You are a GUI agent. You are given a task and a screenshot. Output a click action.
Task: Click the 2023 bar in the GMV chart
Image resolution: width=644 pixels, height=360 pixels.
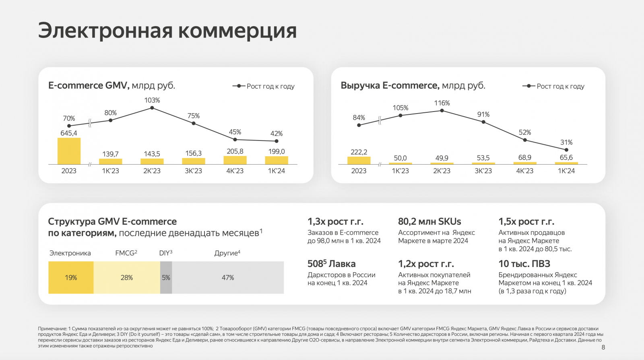point(69,151)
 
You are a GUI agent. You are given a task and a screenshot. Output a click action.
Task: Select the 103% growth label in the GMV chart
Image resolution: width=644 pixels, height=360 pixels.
point(152,100)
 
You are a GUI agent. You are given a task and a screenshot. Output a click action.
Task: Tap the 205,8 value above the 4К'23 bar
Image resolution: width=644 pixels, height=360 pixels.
point(235,151)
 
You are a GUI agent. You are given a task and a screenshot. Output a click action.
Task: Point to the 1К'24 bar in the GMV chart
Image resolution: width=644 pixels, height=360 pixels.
point(277,160)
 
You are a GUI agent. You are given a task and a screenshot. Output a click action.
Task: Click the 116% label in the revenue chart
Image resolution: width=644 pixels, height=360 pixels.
point(442,103)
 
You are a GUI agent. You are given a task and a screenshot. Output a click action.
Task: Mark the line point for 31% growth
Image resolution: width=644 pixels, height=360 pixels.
point(566,150)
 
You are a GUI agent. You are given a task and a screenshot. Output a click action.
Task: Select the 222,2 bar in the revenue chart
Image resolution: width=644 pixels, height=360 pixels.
point(359,160)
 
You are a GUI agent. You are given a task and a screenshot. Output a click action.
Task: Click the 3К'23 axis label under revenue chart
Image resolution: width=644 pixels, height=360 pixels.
point(483,171)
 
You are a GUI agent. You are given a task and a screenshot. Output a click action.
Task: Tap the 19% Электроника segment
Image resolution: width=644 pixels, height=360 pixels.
point(71,277)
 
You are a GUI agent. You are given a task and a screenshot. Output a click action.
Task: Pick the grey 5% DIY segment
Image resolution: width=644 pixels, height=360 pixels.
point(166,277)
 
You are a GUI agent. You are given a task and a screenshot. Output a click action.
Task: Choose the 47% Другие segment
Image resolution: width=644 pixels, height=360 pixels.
point(228,277)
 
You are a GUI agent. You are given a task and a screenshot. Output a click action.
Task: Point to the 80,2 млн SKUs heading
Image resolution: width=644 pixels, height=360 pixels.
point(429,221)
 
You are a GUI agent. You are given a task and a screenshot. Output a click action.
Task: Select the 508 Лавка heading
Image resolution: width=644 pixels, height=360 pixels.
point(331,264)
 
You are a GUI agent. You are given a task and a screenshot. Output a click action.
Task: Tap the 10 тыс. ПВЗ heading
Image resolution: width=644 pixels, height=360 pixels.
point(524,264)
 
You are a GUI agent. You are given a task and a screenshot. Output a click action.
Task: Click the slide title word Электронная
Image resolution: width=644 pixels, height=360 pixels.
point(105,31)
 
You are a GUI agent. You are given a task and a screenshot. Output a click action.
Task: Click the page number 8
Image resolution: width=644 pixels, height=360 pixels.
point(603,347)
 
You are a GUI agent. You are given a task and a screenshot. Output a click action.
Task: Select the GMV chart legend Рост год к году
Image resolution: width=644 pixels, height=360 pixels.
point(270,86)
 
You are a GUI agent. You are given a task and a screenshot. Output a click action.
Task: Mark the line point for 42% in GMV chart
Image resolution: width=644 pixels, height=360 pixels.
point(277,141)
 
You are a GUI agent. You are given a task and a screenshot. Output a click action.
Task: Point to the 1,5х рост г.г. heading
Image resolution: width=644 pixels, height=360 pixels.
point(526,221)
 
